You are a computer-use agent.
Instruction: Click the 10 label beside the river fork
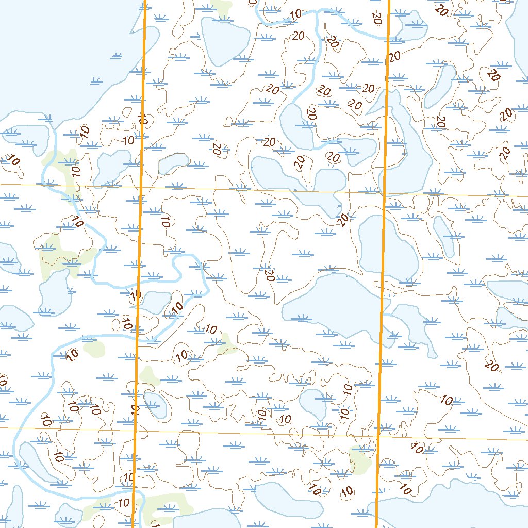click(x=78, y=223)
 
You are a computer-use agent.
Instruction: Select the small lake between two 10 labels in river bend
click(x=154, y=302)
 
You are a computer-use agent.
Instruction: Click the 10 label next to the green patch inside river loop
click(x=73, y=354)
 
